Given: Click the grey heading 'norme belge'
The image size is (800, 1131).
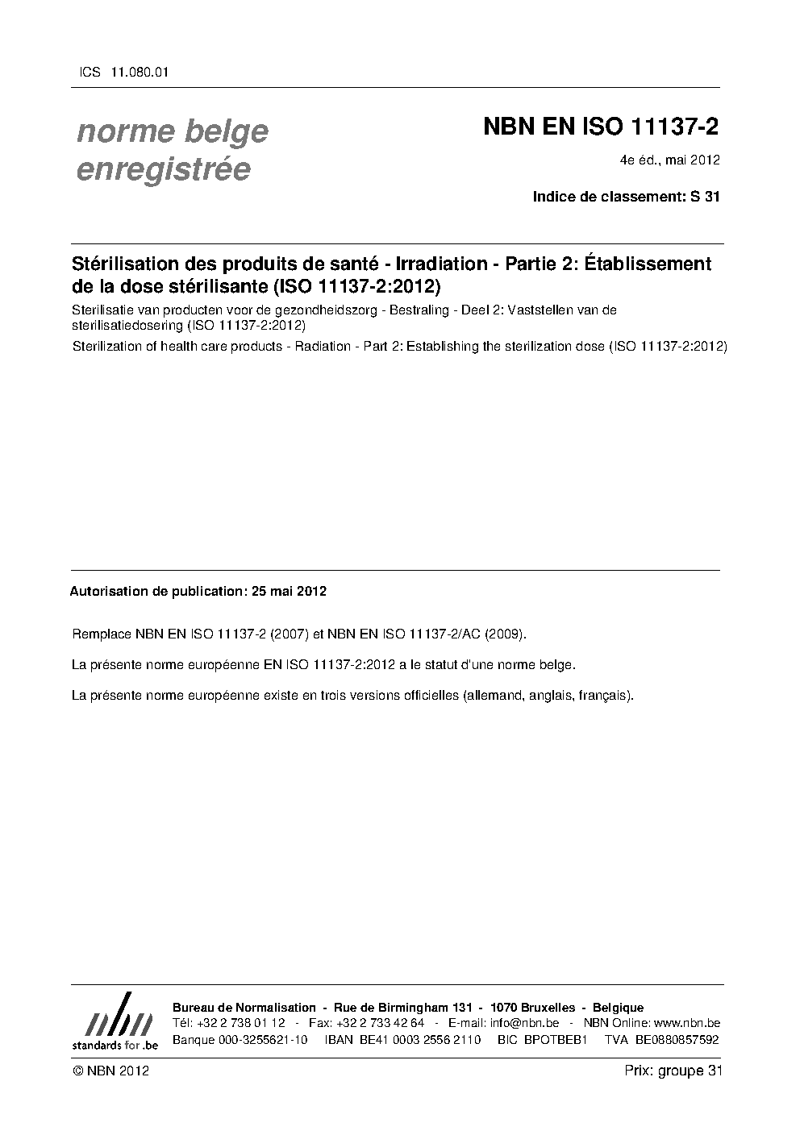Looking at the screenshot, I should (172, 131).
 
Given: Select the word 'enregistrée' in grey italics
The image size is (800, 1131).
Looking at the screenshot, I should (163, 170).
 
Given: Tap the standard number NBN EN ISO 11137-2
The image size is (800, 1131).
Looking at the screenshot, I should (600, 127).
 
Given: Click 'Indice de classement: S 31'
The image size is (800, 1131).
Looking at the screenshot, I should (626, 196).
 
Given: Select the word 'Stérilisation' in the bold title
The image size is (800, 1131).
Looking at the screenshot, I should (127, 264).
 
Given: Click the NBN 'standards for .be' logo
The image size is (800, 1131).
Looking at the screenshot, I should (115, 1022).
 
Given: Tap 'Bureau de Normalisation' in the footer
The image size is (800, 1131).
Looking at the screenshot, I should (244, 1008).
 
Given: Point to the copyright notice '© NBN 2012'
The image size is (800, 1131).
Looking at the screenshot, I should (110, 1071).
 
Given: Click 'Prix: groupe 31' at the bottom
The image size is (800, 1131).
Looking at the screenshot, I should (673, 1071).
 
